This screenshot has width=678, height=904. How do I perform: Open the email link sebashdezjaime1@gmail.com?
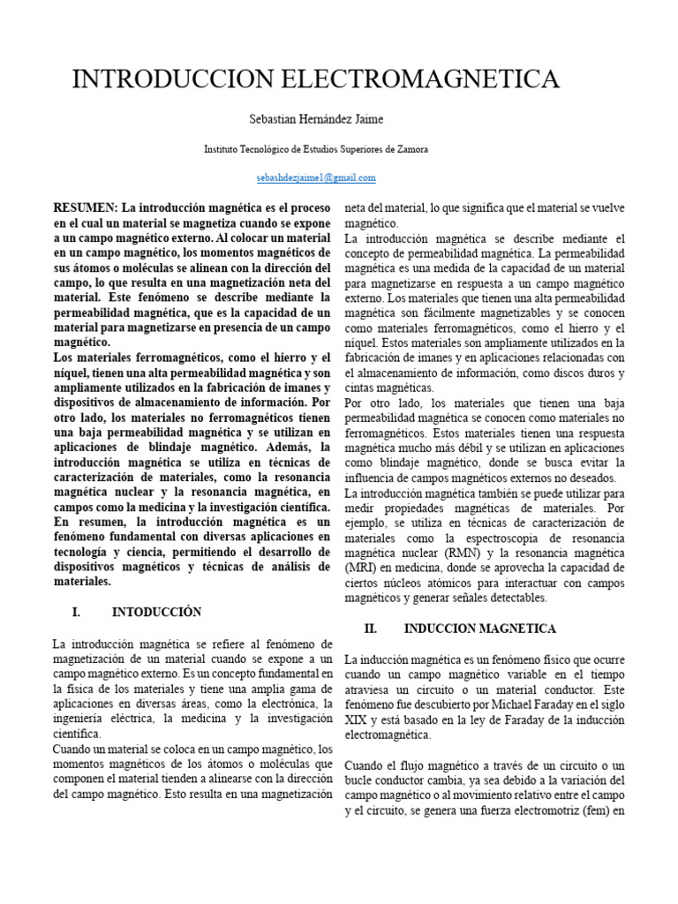click(x=315, y=177)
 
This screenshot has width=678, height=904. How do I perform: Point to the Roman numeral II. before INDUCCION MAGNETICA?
click(x=371, y=629)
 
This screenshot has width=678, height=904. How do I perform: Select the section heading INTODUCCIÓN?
click(x=156, y=612)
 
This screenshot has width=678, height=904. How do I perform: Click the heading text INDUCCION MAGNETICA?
click(x=479, y=629)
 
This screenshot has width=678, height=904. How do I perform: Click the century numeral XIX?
click(x=356, y=719)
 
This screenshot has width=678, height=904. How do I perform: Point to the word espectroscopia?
click(x=489, y=538)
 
